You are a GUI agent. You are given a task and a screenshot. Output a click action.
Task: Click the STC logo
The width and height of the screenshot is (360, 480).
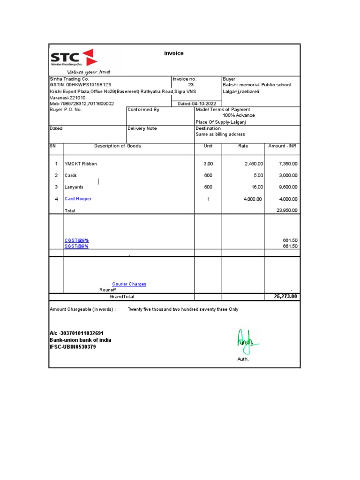click(74, 59)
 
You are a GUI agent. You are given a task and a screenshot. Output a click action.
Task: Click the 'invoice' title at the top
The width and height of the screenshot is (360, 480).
click(173, 53)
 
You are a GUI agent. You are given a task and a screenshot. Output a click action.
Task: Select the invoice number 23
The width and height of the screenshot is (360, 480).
click(191, 85)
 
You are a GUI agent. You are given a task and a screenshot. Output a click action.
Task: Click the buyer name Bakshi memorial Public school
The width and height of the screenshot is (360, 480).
click(256, 85)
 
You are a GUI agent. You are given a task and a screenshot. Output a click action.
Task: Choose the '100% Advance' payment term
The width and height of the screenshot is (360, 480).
click(239, 115)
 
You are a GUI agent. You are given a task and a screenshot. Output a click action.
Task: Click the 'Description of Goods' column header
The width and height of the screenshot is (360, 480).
click(118, 146)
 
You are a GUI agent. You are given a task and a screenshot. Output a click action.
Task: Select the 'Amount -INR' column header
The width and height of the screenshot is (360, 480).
click(282, 146)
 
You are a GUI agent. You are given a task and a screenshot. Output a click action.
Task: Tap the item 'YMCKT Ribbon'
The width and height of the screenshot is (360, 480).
click(81, 164)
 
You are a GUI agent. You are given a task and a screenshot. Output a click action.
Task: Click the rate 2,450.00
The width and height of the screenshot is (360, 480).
click(254, 164)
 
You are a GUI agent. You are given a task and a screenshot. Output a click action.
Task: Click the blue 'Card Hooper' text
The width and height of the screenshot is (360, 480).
click(78, 199)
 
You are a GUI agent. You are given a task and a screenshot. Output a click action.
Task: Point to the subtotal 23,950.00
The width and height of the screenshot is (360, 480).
click(287, 210)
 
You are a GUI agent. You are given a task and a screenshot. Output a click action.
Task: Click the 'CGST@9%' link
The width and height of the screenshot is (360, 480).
click(76, 240)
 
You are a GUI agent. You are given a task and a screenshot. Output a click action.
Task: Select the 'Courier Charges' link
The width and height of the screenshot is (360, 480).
click(129, 284)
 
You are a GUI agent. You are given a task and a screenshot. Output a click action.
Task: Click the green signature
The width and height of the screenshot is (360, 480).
click(246, 341)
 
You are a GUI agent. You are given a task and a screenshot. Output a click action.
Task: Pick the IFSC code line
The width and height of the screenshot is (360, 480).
click(73, 347)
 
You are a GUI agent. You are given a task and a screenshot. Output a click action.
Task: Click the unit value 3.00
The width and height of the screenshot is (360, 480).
click(208, 164)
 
